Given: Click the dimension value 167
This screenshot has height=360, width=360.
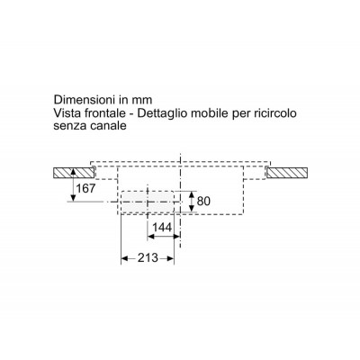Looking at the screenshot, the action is [x=85, y=188].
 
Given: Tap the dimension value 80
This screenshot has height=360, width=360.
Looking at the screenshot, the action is [x=203, y=201].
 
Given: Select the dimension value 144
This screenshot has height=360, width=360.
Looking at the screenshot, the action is [x=162, y=228].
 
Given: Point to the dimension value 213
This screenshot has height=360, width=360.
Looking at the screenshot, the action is [x=148, y=257].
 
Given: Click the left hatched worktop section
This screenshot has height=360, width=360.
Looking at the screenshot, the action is [x=74, y=174].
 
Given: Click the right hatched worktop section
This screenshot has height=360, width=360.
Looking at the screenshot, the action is [x=286, y=174].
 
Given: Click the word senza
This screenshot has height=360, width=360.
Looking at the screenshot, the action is [x=70, y=126].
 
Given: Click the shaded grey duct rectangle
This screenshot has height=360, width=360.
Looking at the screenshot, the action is [x=147, y=202].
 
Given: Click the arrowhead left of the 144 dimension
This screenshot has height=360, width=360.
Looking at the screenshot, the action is [x=151, y=237].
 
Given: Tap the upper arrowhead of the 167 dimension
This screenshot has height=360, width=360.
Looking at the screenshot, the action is [x=73, y=172].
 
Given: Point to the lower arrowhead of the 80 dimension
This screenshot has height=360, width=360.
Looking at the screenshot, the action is [x=191, y=209].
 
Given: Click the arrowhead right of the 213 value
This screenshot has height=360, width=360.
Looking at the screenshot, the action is [x=170, y=258].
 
